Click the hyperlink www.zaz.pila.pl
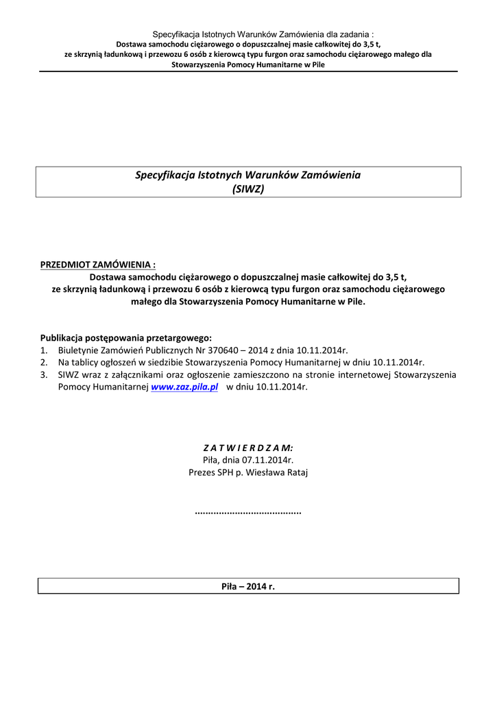pyautogui.click(x=184, y=387)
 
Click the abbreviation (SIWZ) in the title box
pyautogui.click(x=248, y=189)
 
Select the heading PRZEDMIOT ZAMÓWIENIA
pyautogui.click(x=98, y=264)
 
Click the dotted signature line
pyautogui.click(x=248, y=512)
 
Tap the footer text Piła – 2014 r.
pyautogui.click(x=248, y=587)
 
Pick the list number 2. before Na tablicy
pyautogui.click(x=44, y=362)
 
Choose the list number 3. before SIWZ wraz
pyautogui.click(x=44, y=375)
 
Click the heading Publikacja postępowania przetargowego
pyautogui.click(x=126, y=337)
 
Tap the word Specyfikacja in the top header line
pyautogui.click(x=174, y=34)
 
